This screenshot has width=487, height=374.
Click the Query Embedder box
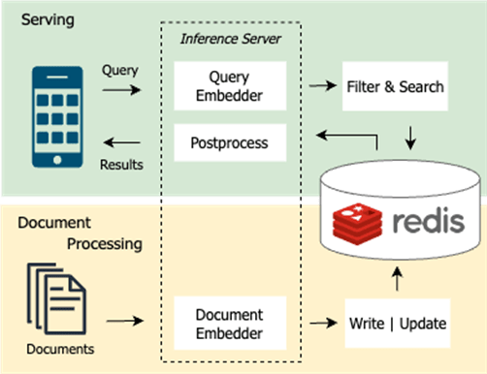point(229,85)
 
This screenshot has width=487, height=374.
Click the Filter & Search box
point(395,86)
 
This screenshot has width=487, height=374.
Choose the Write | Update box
point(397,322)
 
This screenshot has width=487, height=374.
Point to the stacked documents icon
point(49,291)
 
